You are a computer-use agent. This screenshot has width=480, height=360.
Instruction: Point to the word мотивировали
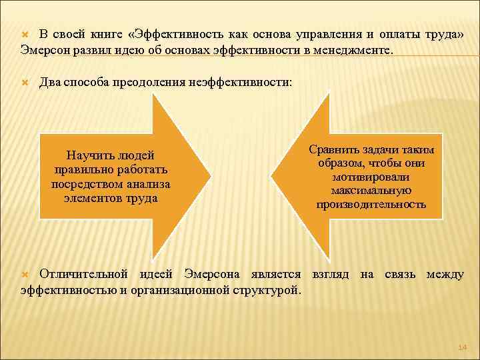tap(371, 177)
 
